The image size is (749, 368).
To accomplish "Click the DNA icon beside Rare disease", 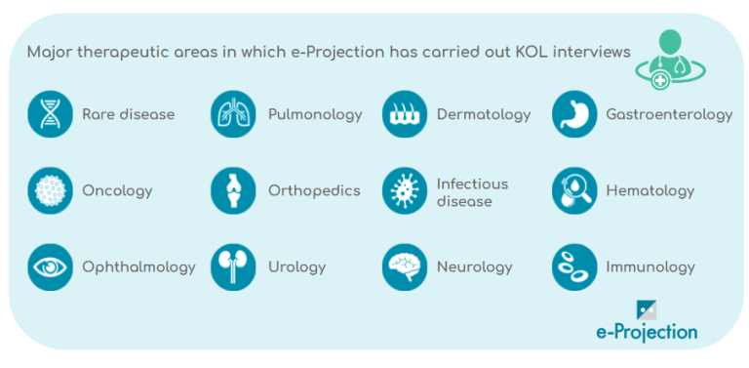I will click(51, 114).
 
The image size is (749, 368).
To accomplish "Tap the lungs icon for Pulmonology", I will click(233, 114).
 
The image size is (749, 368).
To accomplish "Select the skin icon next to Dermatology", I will click(405, 114).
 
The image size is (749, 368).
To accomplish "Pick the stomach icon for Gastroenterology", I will click(574, 114).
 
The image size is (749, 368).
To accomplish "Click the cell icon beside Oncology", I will click(51, 190).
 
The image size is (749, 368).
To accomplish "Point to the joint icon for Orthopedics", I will click(233, 190).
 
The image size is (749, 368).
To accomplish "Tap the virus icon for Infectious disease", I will click(405, 190).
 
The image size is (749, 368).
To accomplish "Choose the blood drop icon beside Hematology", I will click(574, 190).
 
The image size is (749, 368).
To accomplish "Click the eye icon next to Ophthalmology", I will click(51, 266).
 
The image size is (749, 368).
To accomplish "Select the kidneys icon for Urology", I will click(233, 266).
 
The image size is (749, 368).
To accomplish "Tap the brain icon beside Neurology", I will click(405, 266).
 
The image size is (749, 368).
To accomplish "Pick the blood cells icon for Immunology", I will click(574, 266).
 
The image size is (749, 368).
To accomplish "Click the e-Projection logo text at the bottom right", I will click(646, 332).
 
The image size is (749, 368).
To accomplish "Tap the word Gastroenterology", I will click(669, 114).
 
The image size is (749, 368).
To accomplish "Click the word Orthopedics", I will click(314, 190).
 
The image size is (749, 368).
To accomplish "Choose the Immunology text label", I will click(650, 266).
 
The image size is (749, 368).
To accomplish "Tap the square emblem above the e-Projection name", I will click(648, 309).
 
